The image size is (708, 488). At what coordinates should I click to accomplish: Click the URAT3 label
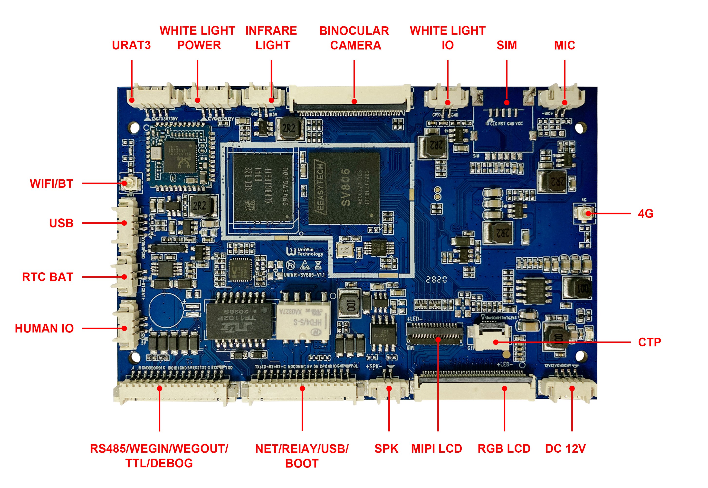click(131, 45)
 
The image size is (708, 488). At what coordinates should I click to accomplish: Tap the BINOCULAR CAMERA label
click(354, 38)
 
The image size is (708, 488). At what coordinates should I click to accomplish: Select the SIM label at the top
click(506, 45)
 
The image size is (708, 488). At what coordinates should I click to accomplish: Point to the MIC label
click(564, 45)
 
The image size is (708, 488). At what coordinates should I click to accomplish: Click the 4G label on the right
click(645, 214)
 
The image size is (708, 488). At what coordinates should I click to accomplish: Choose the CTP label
click(649, 342)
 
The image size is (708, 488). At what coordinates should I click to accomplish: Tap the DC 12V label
click(565, 449)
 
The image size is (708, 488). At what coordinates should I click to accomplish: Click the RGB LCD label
click(504, 449)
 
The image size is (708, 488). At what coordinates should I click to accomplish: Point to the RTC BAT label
click(48, 277)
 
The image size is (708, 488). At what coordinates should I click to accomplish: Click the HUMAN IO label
click(44, 328)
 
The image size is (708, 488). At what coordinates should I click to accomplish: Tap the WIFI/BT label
click(51, 184)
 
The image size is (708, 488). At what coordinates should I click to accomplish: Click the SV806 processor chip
click(344, 188)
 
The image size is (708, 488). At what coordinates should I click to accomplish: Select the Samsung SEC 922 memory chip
click(263, 187)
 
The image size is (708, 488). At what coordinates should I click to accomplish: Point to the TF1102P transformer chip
click(239, 321)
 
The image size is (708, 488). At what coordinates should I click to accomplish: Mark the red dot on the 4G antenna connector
click(588, 214)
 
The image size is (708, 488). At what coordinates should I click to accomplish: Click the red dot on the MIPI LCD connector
click(438, 339)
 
